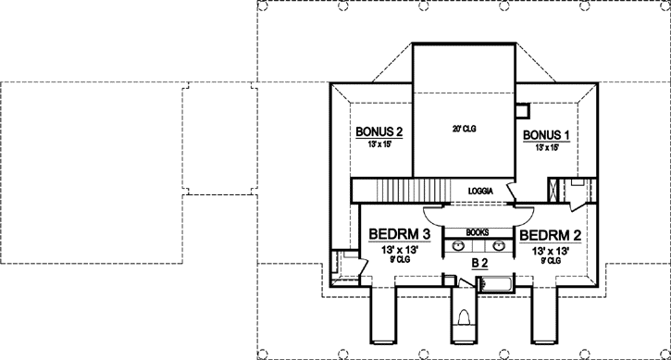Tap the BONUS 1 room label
coord(546,135)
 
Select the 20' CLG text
coord(464,127)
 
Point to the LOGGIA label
coord(479,192)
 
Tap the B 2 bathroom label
coord(479,264)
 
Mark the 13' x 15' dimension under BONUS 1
coord(546,147)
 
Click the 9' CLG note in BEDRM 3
coord(400,260)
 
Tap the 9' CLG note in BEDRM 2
coord(553,260)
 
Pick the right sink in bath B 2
coord(501,246)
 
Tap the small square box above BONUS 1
coord(523,112)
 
